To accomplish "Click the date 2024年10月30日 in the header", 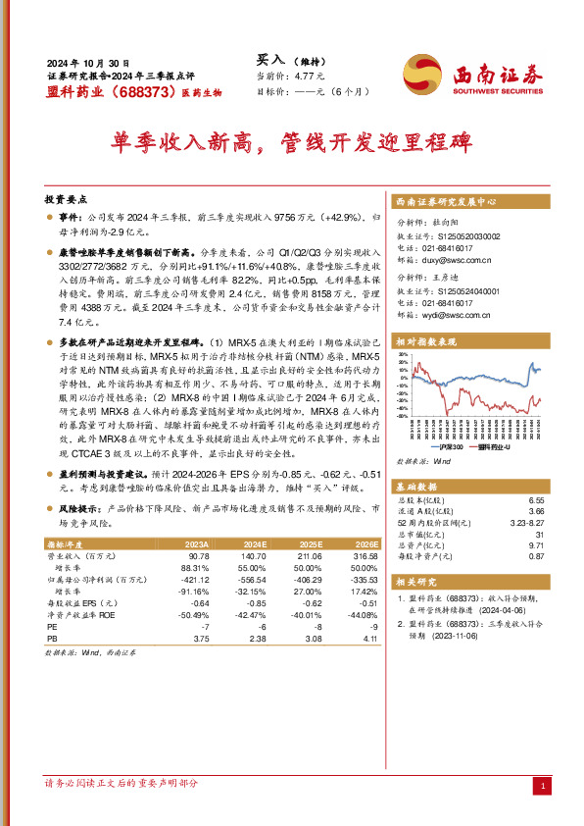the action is pyautogui.click(x=87, y=61).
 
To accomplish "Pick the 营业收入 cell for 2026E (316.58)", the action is pyautogui.click(x=364, y=554).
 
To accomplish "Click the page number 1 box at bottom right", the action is pyautogui.click(x=542, y=786).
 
